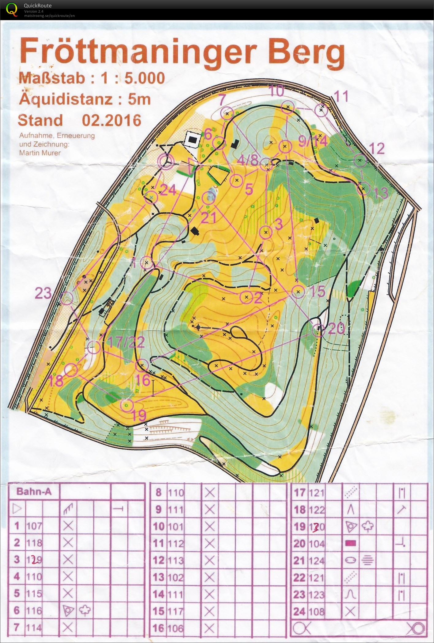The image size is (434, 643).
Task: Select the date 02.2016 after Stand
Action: click(x=111, y=120)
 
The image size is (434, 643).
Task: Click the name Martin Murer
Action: click(x=40, y=152)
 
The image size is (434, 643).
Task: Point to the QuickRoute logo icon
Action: click(x=12, y=9)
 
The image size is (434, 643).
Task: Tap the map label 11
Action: click(x=341, y=96)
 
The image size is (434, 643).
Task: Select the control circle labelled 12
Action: click(x=360, y=160)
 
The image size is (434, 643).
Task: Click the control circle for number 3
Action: click(x=266, y=232)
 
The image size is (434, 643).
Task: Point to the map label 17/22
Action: click(x=126, y=342)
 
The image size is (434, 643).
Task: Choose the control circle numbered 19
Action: click(x=127, y=405)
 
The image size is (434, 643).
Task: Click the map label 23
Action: click(x=43, y=293)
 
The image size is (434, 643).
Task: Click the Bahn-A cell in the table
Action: click(x=34, y=491)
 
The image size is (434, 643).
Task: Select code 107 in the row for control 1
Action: click(x=34, y=526)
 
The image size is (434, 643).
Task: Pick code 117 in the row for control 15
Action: click(x=176, y=611)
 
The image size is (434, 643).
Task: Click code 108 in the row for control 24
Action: click(x=317, y=611)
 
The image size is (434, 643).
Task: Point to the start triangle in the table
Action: click(x=17, y=509)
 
